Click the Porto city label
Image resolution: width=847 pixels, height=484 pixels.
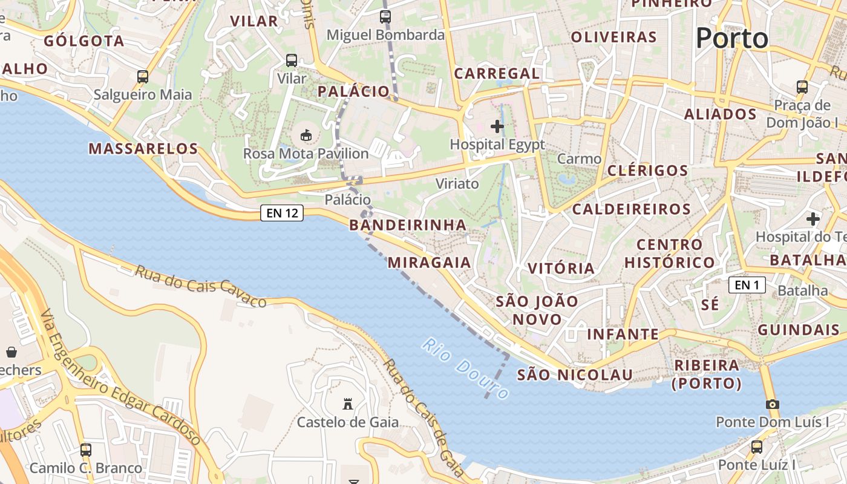click(x=731, y=39)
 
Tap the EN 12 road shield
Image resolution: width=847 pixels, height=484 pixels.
click(x=282, y=213)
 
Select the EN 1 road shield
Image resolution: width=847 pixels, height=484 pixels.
click(x=747, y=285)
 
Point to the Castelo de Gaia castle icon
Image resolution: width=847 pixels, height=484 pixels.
click(x=348, y=404)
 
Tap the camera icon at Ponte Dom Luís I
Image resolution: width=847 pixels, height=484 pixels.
click(x=772, y=404)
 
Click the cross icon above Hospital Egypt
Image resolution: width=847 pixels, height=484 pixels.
click(x=497, y=126)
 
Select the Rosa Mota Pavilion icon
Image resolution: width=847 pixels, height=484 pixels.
click(x=306, y=135)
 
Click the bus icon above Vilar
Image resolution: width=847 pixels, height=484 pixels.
click(x=292, y=60)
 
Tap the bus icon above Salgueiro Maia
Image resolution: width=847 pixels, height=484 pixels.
click(x=143, y=77)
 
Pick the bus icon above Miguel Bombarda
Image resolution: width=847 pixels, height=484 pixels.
click(x=385, y=17)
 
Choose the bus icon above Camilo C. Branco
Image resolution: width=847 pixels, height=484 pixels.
click(x=86, y=450)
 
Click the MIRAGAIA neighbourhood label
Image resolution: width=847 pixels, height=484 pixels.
click(x=429, y=262)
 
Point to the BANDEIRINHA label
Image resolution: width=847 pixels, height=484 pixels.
click(x=408, y=225)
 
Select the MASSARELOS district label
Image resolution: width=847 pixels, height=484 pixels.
click(x=143, y=148)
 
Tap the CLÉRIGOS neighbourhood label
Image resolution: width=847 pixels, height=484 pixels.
click(x=648, y=171)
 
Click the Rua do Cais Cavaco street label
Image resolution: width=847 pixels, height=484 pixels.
click(x=200, y=286)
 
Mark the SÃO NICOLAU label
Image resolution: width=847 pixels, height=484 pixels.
click(x=575, y=374)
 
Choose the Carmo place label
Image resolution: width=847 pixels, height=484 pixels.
click(x=579, y=159)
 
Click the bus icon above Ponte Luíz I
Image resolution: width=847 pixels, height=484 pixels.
click(x=756, y=447)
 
